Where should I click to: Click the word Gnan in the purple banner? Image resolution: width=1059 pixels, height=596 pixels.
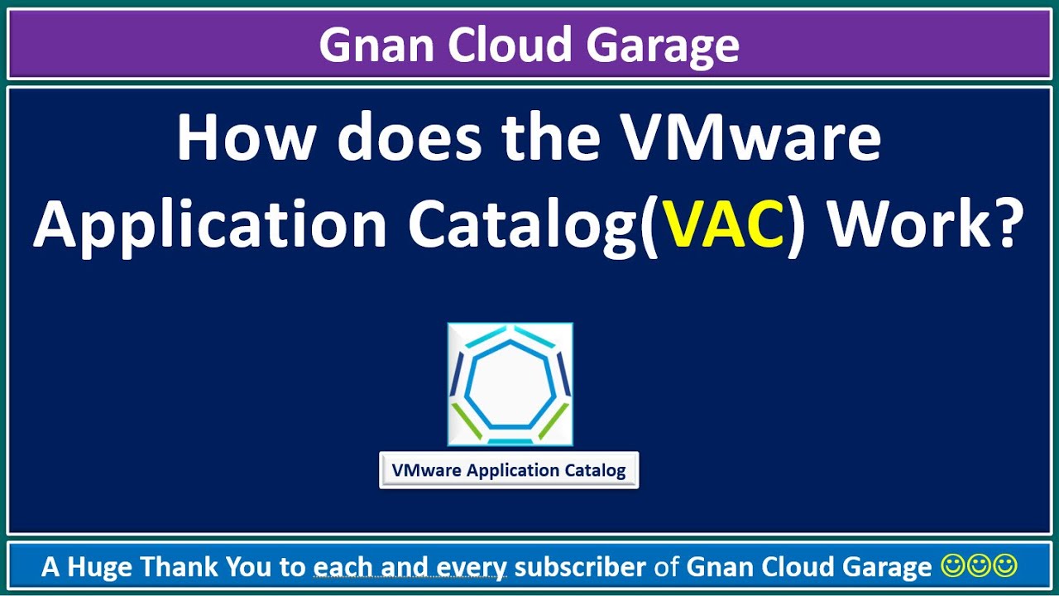376,45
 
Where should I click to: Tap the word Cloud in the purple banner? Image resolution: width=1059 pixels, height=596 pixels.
510,45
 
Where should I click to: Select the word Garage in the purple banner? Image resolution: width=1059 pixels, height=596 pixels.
663,47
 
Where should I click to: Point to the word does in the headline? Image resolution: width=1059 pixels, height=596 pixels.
410,137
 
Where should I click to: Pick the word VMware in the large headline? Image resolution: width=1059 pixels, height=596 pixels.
752,138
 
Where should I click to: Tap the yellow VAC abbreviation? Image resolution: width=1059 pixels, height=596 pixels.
724,223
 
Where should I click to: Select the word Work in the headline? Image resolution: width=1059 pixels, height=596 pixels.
899,223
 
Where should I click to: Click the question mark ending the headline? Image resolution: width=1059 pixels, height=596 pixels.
997,223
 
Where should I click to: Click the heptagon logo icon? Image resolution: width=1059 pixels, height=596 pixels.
510,384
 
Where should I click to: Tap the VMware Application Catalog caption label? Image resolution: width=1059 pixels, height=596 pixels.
509,470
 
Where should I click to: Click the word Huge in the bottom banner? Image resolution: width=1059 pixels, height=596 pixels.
99,567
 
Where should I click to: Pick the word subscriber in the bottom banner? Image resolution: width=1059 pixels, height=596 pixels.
580,566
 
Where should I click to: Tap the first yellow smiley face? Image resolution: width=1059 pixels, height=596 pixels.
952,566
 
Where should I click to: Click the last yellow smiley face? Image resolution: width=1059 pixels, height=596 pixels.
1004,566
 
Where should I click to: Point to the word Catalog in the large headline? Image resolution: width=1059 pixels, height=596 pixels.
525,225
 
